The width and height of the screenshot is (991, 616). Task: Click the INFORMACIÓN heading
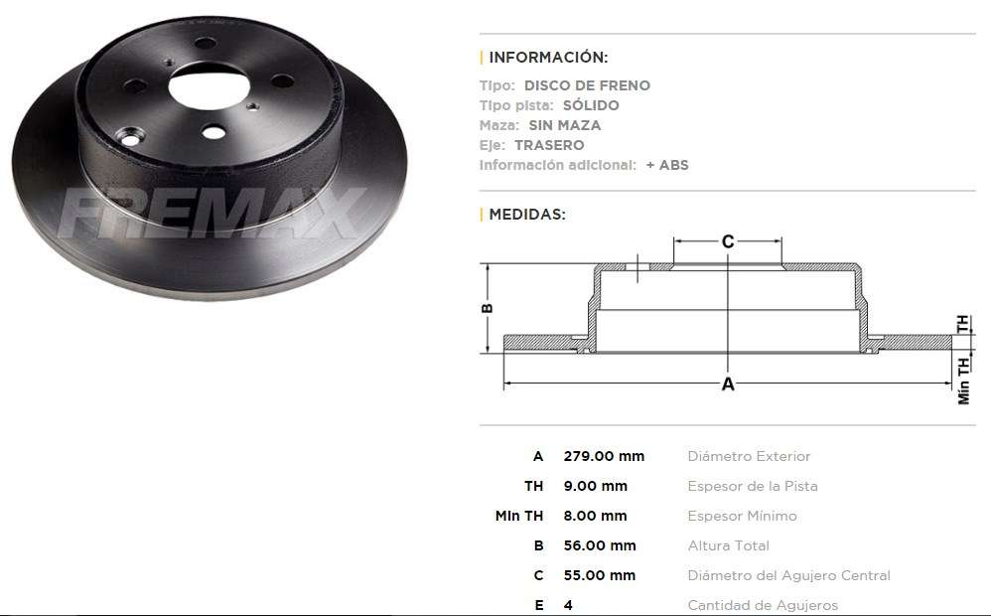pos(548,57)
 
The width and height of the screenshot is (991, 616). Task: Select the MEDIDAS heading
pos(527,215)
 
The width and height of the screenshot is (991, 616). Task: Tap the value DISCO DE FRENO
pos(587,85)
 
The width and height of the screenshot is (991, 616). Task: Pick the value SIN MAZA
pos(564,125)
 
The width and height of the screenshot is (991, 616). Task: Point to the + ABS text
pos(666,165)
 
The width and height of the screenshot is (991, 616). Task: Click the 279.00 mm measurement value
pos(604,457)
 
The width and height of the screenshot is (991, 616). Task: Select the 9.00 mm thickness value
pos(596,487)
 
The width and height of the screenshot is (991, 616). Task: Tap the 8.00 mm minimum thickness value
pos(596,516)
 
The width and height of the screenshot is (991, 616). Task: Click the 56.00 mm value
pos(600,545)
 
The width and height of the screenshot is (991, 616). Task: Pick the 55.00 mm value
pos(600,575)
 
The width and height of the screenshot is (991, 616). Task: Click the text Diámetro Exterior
pos(749,457)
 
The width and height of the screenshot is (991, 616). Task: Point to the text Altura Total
pos(728,545)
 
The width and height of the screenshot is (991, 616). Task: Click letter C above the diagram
pos(728,241)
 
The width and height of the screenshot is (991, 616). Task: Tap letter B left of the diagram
pos(488,308)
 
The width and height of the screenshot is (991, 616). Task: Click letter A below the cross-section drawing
pos(728,385)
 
